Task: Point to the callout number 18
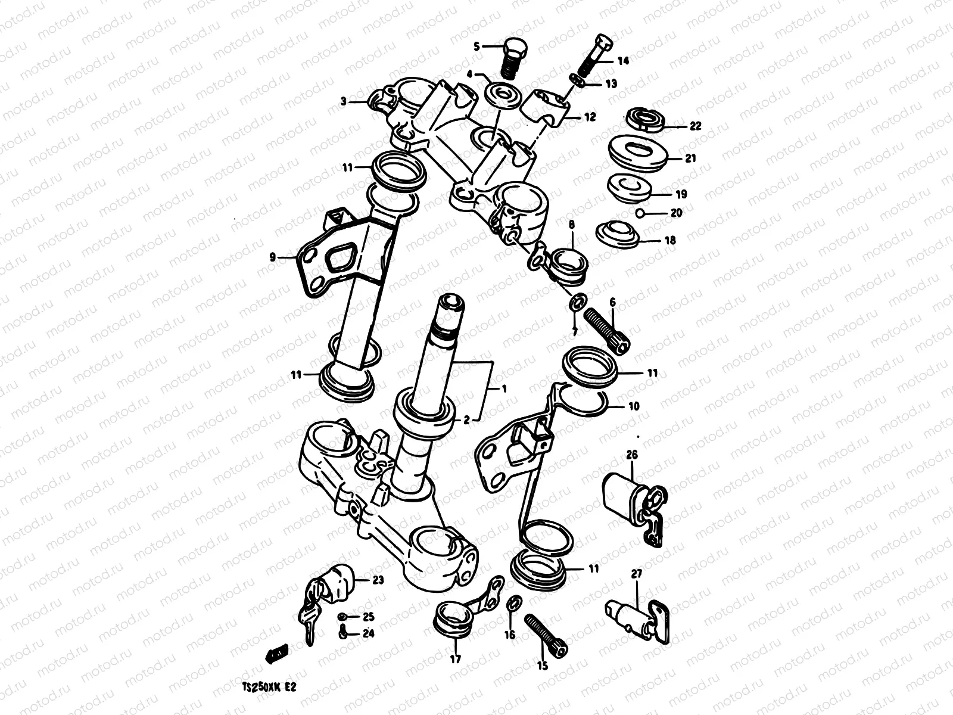(x=670, y=241)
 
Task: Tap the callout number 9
(x=272, y=257)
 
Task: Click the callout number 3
(x=344, y=102)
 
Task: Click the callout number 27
(x=637, y=574)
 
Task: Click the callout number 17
(x=455, y=659)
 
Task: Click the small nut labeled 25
(x=344, y=616)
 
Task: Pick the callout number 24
(x=369, y=633)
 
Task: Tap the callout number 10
(x=633, y=406)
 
